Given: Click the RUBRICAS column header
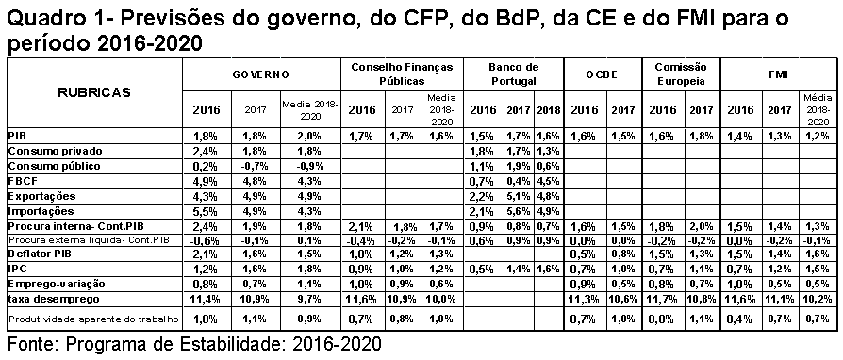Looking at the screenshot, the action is [x=94, y=92].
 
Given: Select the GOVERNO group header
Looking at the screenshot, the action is [x=261, y=74].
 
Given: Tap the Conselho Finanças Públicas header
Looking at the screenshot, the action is [x=402, y=74].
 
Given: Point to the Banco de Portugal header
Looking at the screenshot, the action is [x=513, y=74].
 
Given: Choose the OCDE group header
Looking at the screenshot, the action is [x=602, y=74].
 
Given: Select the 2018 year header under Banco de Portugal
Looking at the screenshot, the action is [x=549, y=110].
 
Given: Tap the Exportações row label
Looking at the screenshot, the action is [x=41, y=196].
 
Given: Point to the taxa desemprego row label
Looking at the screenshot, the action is [x=47, y=299].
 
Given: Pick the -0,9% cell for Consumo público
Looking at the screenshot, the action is [x=309, y=166].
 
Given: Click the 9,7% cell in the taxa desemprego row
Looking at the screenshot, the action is [x=309, y=299].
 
